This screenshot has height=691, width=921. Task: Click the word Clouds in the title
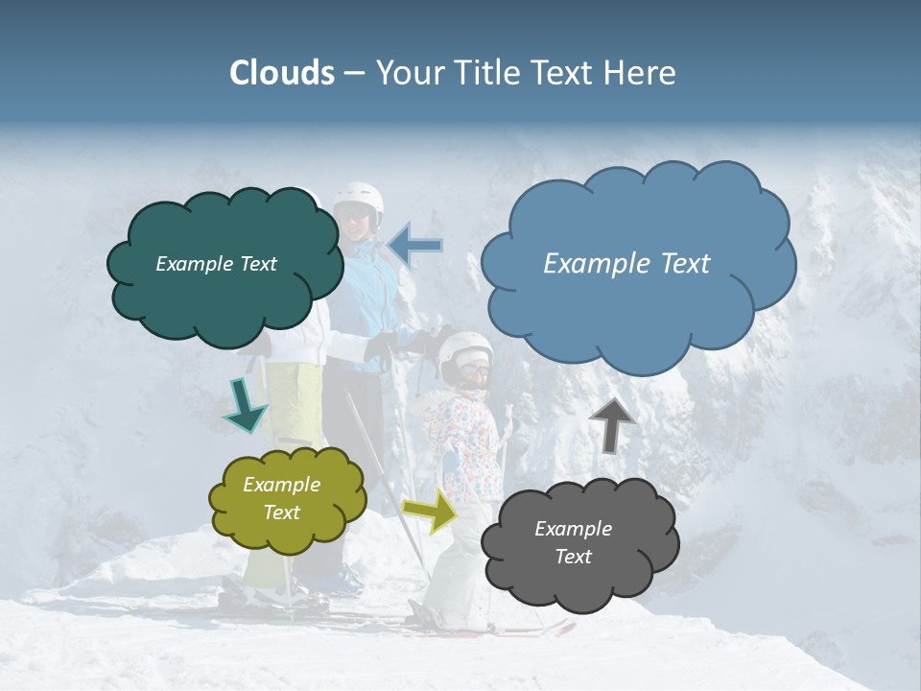click(282, 73)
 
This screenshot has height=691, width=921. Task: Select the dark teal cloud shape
click(224, 265)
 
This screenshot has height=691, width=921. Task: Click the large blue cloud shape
click(638, 264)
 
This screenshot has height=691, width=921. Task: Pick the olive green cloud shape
click(287, 499)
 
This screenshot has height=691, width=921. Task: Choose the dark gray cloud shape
click(579, 544)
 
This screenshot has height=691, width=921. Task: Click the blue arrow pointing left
click(415, 246)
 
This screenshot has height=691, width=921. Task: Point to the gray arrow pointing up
click(612, 424)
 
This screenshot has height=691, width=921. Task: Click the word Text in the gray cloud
click(573, 557)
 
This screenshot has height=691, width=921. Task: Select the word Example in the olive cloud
click(281, 485)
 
